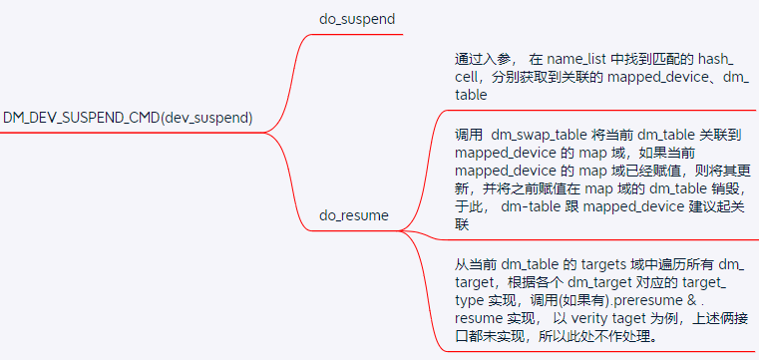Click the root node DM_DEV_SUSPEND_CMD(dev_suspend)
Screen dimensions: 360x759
128,118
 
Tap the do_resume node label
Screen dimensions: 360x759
353,214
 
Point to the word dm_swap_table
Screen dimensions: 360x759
539,135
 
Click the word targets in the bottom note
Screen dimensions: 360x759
602,263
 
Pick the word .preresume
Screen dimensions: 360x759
661,300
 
